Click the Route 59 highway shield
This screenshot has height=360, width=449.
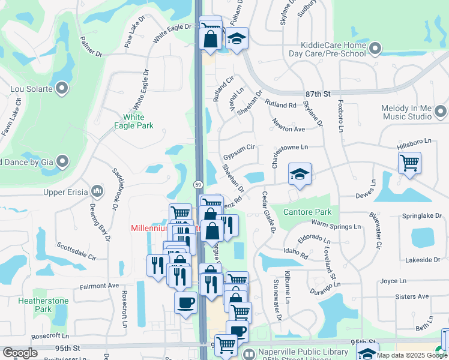tap(197, 183)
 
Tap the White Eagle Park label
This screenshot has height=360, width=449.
tap(138, 121)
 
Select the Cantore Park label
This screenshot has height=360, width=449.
tap(308, 212)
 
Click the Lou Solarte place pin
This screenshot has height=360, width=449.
tap(62, 89)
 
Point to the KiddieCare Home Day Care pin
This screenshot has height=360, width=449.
tap(376, 47)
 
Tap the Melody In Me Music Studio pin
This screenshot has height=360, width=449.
tap(441, 112)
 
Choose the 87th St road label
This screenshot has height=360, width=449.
tap(318, 94)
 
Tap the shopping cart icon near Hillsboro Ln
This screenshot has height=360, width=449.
tap(409, 162)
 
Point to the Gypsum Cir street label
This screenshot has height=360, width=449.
tap(240, 151)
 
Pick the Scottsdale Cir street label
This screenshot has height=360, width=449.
tap(77, 250)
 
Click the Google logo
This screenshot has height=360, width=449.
tap(19, 353)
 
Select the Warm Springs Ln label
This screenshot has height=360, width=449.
tap(336, 226)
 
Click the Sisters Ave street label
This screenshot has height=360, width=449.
tap(412, 296)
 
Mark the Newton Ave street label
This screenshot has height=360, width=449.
tap(289, 128)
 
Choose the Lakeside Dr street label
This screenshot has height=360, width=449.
tap(423, 260)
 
